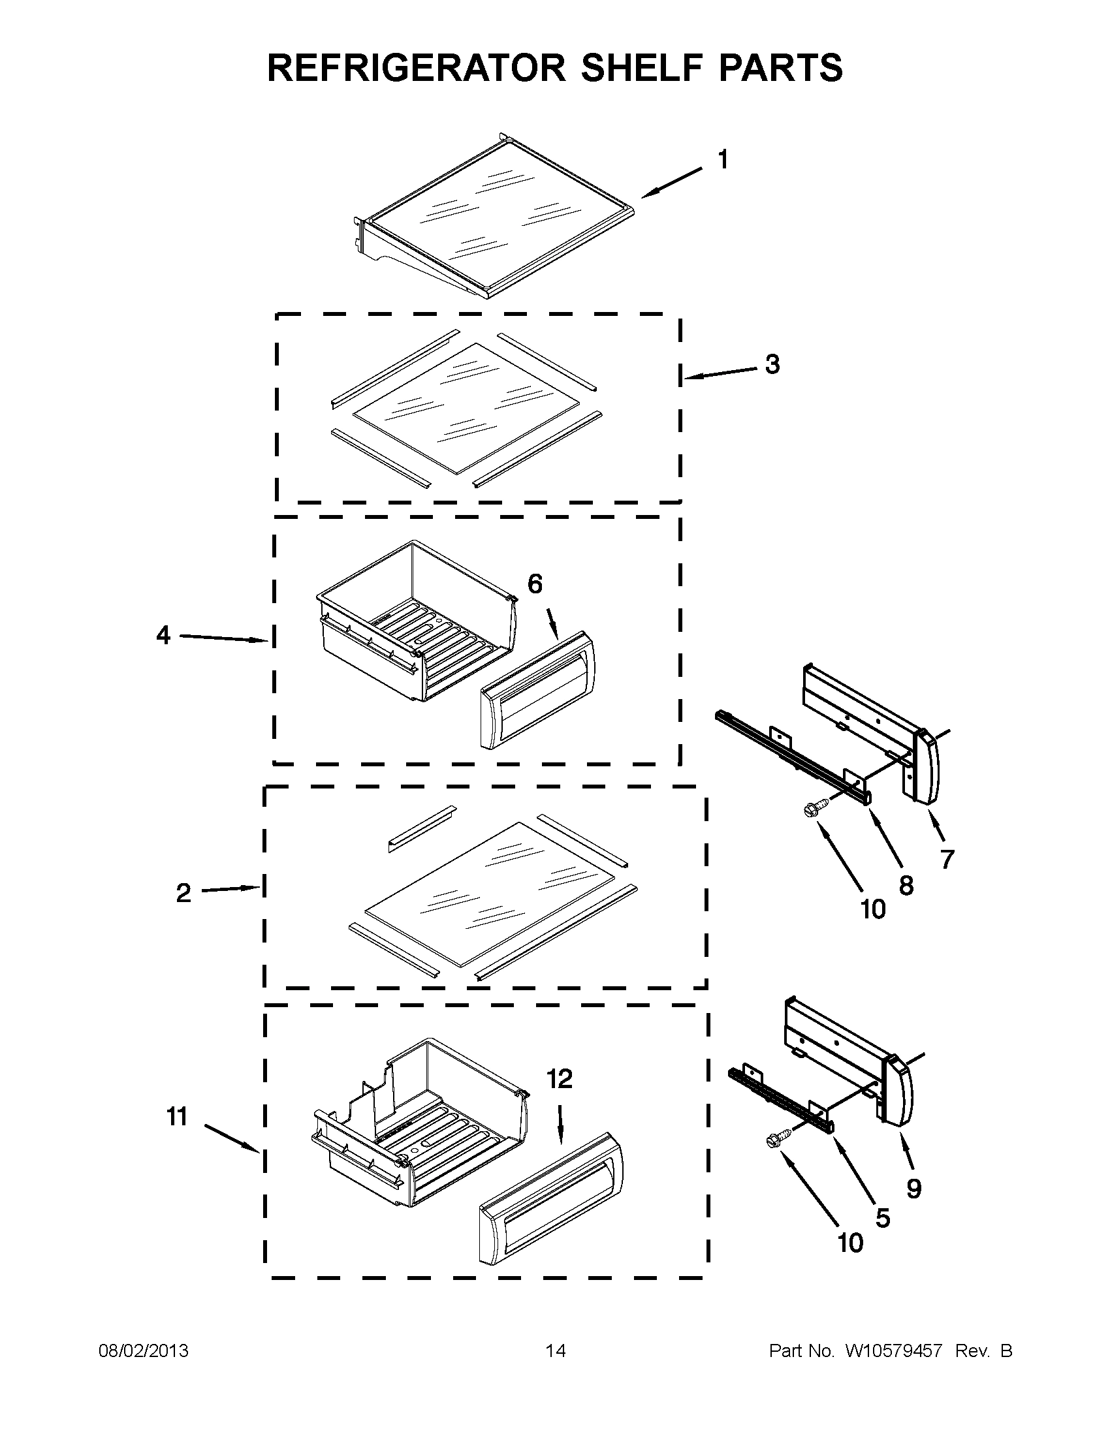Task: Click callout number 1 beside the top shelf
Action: (722, 160)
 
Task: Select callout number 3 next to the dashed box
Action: (772, 364)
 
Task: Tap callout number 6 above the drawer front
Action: (535, 584)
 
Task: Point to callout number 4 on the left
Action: (164, 635)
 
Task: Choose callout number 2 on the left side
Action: (183, 893)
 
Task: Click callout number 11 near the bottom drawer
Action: (178, 1116)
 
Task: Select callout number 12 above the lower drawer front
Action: (560, 1079)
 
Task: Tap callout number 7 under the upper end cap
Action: (947, 859)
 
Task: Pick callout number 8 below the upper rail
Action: (906, 886)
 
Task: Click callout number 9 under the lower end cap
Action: (913, 1188)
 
